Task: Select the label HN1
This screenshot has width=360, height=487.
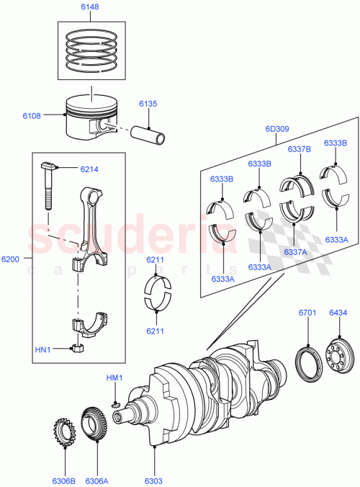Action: point(44,349)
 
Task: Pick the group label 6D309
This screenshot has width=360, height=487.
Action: point(276,130)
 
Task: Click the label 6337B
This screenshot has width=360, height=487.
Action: point(299,150)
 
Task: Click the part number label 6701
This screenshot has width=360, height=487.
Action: point(307,313)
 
